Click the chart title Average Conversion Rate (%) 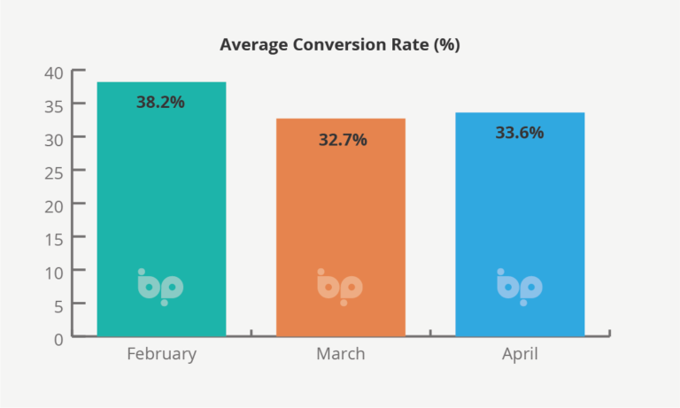pos(340,45)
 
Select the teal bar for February pos(161,209)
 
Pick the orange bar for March pos(341,227)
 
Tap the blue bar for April pos(520,224)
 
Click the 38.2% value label pos(160,103)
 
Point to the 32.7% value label pos(343,140)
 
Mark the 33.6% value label pos(520,133)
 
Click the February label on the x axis pos(162,354)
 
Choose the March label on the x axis pos(340,354)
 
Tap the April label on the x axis pos(520,354)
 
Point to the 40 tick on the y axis pos(54,73)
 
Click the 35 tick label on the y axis pos(54,106)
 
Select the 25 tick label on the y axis pos(54,173)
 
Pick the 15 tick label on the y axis pos(54,240)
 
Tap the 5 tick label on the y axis pos(58,307)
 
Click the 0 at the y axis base pos(58,340)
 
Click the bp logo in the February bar pos(160,287)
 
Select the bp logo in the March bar pos(340,287)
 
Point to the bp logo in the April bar pos(520,287)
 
